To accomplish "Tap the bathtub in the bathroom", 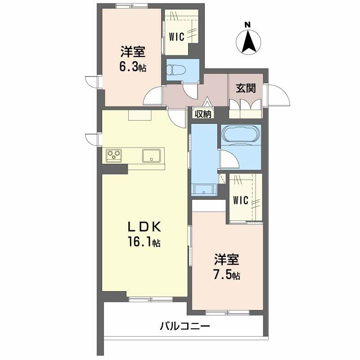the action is (x=241, y=134).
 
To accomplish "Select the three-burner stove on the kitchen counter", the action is (x=114, y=155).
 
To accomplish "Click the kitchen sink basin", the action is (x=151, y=155).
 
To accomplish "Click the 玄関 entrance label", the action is (x=246, y=88).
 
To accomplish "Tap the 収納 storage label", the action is (x=203, y=114).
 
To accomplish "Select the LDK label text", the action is (x=144, y=227).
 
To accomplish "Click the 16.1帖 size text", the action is (x=144, y=242).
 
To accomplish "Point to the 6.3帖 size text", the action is (x=133, y=67).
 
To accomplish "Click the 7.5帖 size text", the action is (x=227, y=275).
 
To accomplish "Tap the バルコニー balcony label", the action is (x=185, y=326).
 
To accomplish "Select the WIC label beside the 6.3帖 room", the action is (x=176, y=37).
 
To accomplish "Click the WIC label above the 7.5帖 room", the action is (x=241, y=200).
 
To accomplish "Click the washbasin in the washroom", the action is (x=204, y=189).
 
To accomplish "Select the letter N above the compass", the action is (x=247, y=25).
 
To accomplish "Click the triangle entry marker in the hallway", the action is (x=207, y=102).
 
